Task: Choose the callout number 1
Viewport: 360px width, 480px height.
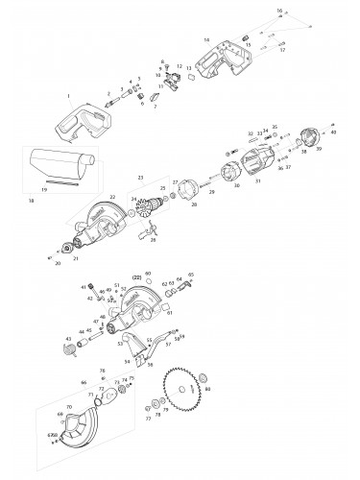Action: tap(68, 96)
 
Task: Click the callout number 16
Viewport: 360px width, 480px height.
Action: tap(279, 10)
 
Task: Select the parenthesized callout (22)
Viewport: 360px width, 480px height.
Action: tap(135, 278)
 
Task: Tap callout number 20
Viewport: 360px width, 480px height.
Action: tap(58, 262)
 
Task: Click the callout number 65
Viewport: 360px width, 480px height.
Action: tap(191, 275)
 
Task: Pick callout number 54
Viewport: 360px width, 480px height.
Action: tap(126, 363)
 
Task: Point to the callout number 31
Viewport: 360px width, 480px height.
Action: tap(256, 179)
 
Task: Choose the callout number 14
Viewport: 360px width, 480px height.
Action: tap(205, 40)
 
